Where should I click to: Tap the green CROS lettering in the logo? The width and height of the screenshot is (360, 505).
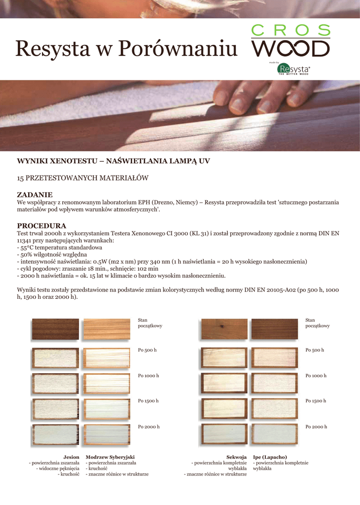290,31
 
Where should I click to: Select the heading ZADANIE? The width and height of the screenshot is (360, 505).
35,195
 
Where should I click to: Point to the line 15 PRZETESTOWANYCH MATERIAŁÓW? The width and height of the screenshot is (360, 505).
82,177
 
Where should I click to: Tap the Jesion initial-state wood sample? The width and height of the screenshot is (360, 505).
55,329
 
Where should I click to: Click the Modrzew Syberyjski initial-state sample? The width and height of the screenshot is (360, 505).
107,329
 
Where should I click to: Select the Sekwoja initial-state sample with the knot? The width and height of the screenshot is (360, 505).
224,329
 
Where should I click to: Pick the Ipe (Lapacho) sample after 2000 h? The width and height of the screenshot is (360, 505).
275,434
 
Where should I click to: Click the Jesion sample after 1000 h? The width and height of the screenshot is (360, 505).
55,383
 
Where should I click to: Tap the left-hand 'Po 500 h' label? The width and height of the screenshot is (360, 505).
147,350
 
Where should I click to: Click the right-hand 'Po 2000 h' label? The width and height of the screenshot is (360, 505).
316,427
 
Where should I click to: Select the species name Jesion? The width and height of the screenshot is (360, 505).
72,457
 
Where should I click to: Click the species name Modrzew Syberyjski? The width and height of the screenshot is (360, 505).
110,457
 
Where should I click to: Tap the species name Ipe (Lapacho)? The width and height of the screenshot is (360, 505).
270,457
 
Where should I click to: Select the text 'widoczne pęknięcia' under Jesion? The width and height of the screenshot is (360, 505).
59,469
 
